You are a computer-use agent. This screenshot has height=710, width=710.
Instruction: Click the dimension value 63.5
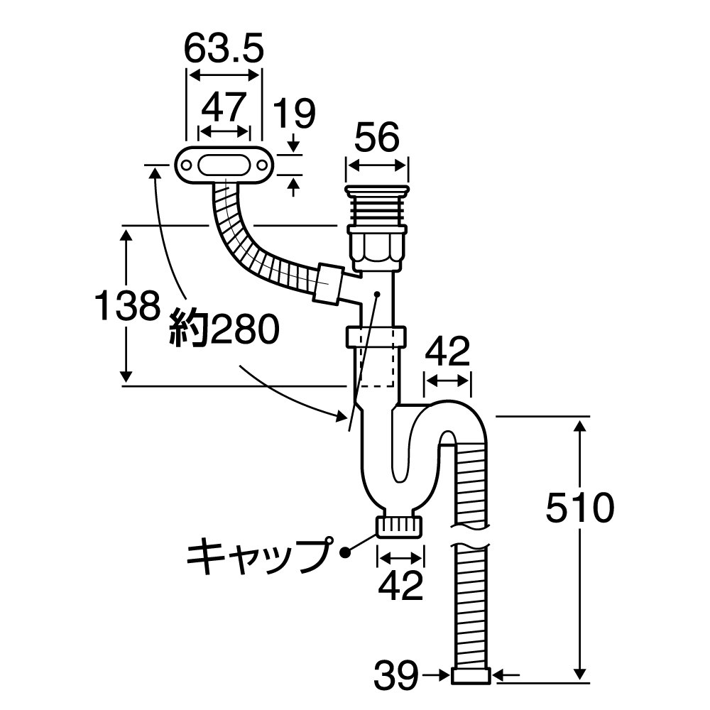click(x=224, y=49)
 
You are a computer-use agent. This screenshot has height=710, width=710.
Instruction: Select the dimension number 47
click(x=224, y=107)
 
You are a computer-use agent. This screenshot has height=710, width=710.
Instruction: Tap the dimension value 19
click(x=295, y=114)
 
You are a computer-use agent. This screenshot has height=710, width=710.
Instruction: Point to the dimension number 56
click(x=377, y=137)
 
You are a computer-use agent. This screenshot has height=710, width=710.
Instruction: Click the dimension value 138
click(x=127, y=305)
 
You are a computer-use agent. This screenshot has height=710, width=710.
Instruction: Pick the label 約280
click(x=224, y=329)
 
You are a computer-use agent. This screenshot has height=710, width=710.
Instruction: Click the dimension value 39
click(x=396, y=676)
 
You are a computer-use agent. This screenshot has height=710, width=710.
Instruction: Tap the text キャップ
click(x=258, y=556)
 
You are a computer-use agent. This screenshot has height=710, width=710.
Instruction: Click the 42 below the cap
click(x=400, y=586)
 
